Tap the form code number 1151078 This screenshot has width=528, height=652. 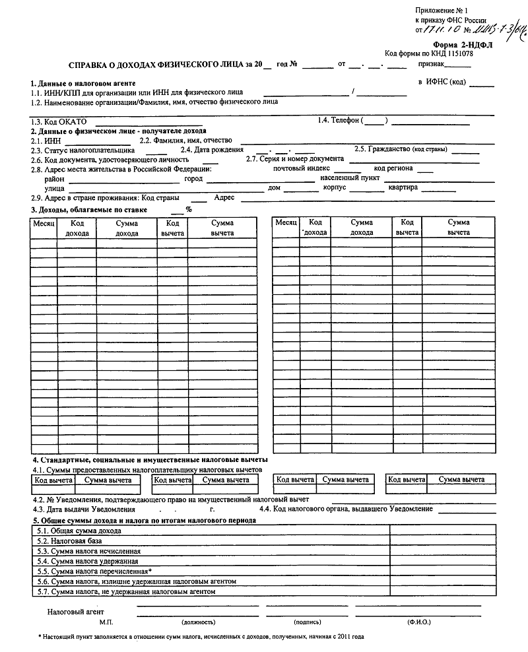pos(458,53)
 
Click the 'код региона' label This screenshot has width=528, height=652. pos(393,168)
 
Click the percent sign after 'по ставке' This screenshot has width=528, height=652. pos(188,209)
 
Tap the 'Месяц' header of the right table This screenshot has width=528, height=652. pos(286,223)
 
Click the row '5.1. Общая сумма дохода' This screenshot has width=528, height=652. pos(79,531)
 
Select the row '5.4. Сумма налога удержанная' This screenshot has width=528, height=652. pos(87,561)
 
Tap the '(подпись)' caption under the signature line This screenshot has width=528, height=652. pos(308,622)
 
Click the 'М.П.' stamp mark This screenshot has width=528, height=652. pos(107,622)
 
